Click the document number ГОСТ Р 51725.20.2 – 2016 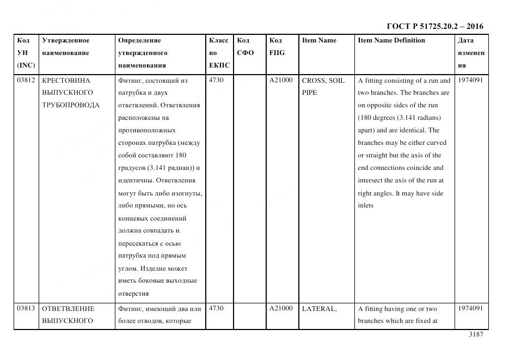tap(434, 26)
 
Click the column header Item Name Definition tap(391, 40)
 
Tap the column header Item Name tap(319, 40)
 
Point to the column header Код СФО tap(246, 46)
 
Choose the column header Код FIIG tap(277, 46)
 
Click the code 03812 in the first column tap(26, 80)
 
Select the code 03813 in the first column tap(26, 308)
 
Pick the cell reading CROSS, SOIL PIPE tap(323, 86)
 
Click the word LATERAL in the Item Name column tap(319, 309)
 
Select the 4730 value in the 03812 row tap(216, 80)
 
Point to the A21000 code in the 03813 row tap(280, 308)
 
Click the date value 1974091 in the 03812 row tap(470, 80)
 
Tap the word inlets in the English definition tap(365, 205)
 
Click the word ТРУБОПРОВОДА tap(70, 105)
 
